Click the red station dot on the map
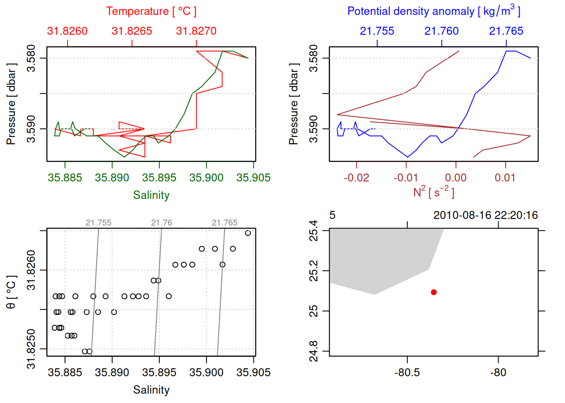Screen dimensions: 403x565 [x=433, y=292]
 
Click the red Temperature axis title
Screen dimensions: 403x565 [x=151, y=11]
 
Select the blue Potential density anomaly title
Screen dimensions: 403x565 [x=433, y=11]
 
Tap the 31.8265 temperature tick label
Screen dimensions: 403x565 [x=132, y=31]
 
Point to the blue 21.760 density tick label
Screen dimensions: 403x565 [x=441, y=31]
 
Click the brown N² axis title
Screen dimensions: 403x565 [x=433, y=192]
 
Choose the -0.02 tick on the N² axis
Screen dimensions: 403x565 [x=356, y=178]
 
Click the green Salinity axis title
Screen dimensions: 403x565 [x=151, y=195]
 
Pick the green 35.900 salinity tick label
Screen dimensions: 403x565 [x=206, y=178]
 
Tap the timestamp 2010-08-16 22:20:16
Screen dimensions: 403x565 [x=486, y=215]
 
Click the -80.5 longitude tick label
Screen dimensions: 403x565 [x=407, y=372]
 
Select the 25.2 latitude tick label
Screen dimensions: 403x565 [x=314, y=271]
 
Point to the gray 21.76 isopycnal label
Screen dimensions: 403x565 [x=161, y=223]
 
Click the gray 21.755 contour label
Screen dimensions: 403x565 [x=98, y=223]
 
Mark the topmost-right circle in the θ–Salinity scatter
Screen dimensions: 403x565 [x=248, y=233]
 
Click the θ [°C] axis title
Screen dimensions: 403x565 [x=11, y=292]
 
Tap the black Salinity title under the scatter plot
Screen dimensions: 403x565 [x=151, y=390]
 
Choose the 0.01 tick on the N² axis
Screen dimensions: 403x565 [x=505, y=178]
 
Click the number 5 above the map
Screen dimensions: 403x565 [x=332, y=215]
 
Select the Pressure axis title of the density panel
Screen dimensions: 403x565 [x=293, y=104]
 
